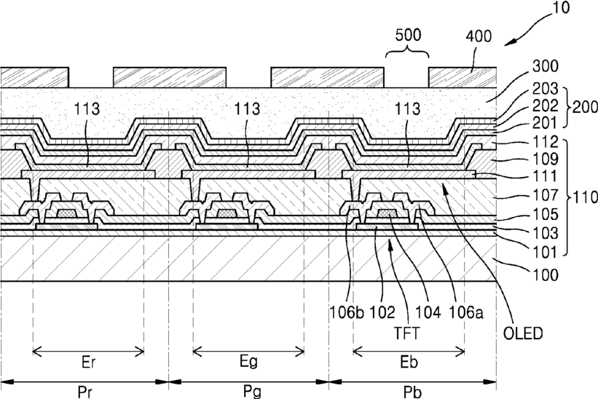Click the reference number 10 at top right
pyautogui.click(x=561, y=7)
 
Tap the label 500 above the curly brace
pyautogui.click(x=408, y=35)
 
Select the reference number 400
pyautogui.click(x=479, y=36)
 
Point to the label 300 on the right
pyautogui.click(x=546, y=66)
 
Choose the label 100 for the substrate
pyautogui.click(x=546, y=274)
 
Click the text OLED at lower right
pyautogui.click(x=523, y=333)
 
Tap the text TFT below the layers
pyautogui.click(x=406, y=333)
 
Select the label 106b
pyautogui.click(x=347, y=312)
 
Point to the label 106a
pyautogui.click(x=466, y=312)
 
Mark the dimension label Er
pyautogui.click(x=88, y=362)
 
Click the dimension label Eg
pyautogui.click(x=248, y=362)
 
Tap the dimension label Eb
pyautogui.click(x=409, y=362)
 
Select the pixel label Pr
pyautogui.click(x=84, y=392)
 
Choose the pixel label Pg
pyautogui.click(x=252, y=392)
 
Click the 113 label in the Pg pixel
pyautogui.click(x=247, y=108)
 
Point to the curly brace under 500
pyautogui.click(x=407, y=51)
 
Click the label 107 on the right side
pyautogui.click(x=546, y=195)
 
